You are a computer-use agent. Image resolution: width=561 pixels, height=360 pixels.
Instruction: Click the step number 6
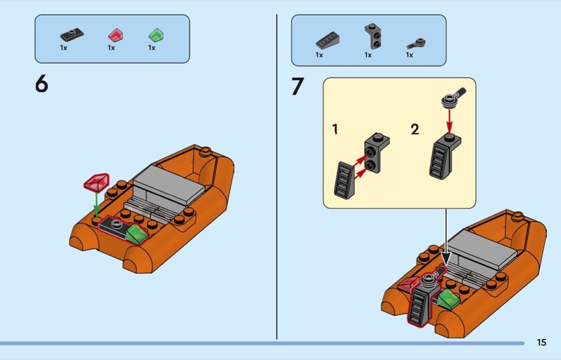click(x=41, y=84)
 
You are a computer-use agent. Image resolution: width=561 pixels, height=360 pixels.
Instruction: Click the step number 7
click(x=297, y=86)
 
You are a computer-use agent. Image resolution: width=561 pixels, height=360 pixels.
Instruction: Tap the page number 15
click(x=541, y=342)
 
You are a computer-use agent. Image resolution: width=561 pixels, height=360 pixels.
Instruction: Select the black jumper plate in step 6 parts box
click(x=72, y=34)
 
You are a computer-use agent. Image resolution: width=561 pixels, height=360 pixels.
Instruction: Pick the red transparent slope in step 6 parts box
click(x=116, y=36)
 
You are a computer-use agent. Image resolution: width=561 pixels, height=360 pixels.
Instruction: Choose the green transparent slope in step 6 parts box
click(x=156, y=35)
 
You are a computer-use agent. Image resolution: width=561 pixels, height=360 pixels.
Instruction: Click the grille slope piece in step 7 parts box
click(x=327, y=40)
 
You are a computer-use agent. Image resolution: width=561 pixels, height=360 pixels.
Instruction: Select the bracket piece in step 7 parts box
click(x=373, y=36)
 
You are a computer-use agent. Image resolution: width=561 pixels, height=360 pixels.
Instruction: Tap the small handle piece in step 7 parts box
click(x=416, y=44)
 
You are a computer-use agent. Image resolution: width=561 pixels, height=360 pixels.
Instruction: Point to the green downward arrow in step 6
click(x=96, y=205)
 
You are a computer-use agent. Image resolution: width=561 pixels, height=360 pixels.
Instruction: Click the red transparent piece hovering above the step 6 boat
click(x=96, y=182)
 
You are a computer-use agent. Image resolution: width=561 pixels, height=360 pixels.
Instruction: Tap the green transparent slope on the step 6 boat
click(x=136, y=234)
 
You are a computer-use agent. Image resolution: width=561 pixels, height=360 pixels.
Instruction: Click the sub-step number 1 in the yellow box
click(x=335, y=129)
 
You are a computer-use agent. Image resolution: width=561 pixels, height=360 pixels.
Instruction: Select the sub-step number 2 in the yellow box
click(x=414, y=129)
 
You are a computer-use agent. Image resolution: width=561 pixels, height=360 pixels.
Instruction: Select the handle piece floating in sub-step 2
click(x=453, y=96)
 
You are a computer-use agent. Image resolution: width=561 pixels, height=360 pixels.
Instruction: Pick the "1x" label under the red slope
click(x=111, y=48)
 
